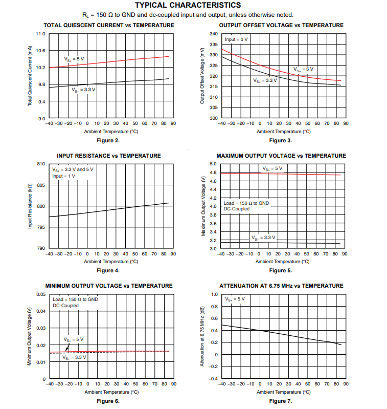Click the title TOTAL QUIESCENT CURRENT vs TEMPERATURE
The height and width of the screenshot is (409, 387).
click(x=108, y=25)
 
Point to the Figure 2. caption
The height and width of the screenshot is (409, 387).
click(x=108, y=140)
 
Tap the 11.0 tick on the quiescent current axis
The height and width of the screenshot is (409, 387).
click(x=40, y=34)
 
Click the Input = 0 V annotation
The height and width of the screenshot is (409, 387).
click(x=236, y=39)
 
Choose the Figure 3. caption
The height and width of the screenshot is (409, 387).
click(x=281, y=140)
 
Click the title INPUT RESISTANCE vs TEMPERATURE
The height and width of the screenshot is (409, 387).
click(x=108, y=156)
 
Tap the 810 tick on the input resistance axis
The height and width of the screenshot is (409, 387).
click(x=40, y=164)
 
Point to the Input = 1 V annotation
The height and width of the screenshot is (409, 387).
click(x=63, y=176)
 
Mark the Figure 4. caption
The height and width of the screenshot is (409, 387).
click(x=108, y=270)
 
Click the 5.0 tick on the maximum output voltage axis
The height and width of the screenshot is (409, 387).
click(x=214, y=164)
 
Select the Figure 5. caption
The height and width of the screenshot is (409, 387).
click(x=281, y=270)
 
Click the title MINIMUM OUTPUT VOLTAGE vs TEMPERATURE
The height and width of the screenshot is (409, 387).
click(x=108, y=286)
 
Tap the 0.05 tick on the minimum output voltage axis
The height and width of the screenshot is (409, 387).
click(x=40, y=294)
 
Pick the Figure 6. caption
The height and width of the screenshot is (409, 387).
click(x=108, y=401)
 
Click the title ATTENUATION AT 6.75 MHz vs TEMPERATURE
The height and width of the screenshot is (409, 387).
click(x=281, y=286)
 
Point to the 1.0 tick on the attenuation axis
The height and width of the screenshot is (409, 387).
click(x=215, y=294)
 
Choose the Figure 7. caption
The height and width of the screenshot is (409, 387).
click(x=281, y=401)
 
